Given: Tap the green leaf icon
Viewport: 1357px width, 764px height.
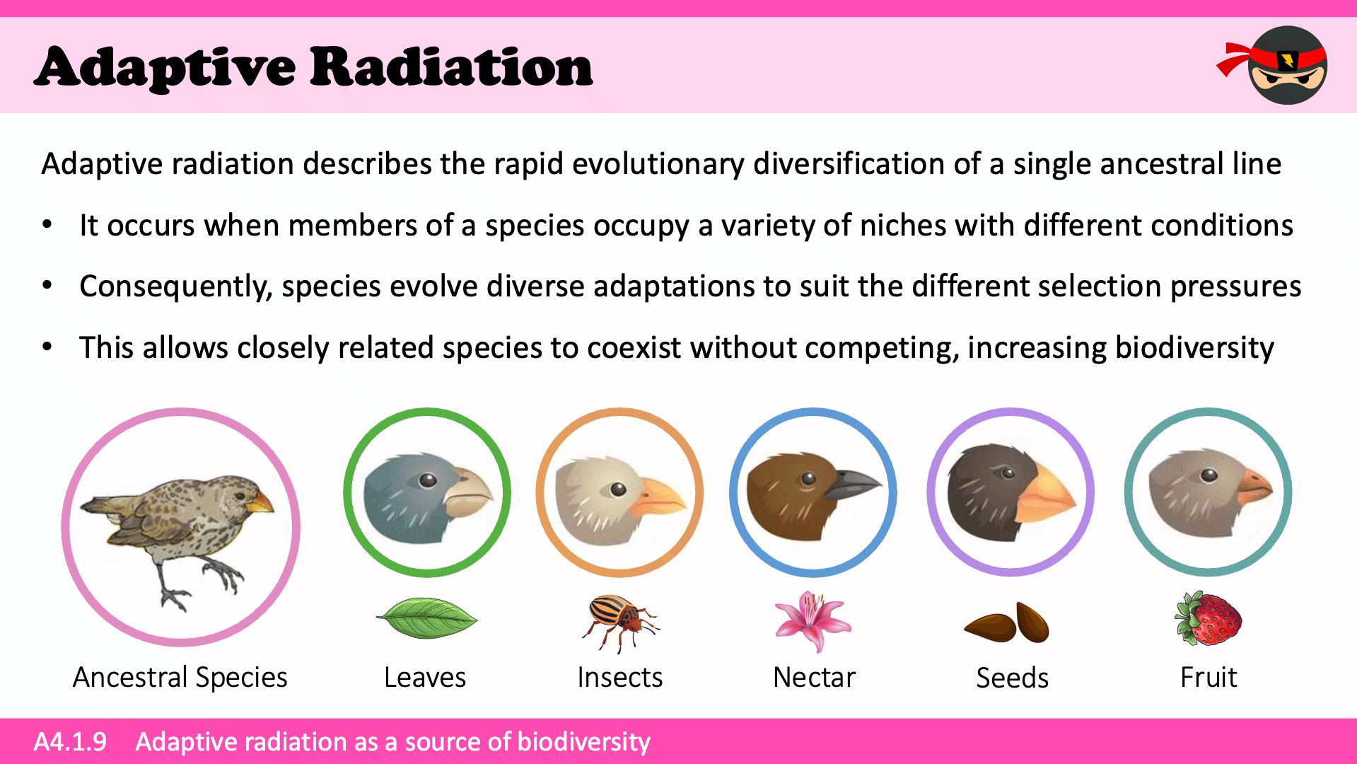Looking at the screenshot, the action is pos(426,618).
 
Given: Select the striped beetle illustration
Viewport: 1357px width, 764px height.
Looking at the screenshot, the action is pos(620,622).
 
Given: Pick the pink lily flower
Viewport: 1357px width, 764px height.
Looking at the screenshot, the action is pos(813,621).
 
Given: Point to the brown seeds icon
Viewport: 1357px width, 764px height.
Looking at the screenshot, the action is pos(1007,623).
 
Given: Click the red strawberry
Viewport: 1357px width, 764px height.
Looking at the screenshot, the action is pos(1208,618).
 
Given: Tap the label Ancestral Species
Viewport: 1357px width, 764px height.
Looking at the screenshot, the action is pos(180,678).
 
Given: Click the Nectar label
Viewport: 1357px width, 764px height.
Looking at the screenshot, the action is pos(814,678).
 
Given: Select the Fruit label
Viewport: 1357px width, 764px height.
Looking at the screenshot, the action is pos(1209,678).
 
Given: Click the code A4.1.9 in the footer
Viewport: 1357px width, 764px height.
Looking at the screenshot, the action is pos(70,741).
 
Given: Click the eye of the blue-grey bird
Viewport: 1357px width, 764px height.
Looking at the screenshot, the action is pos(428,480).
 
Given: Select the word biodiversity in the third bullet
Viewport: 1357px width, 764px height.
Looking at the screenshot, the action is pos(1194,348).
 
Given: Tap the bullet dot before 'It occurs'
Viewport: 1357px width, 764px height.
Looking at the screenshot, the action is pos(47,226).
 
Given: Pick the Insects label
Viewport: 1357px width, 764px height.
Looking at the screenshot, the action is pos(620,678).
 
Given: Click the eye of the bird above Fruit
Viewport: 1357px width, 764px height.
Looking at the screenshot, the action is pos(1209,475).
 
